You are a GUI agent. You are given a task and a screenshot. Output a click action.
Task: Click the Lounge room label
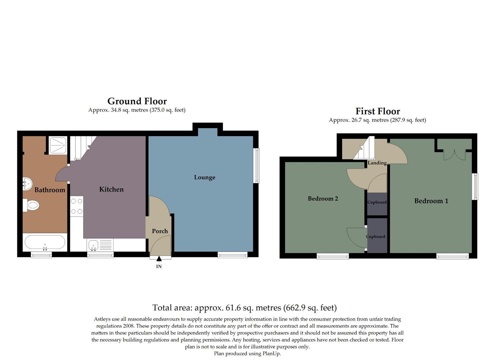coord(204,177)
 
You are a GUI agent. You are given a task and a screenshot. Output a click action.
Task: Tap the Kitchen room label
coord(111,189)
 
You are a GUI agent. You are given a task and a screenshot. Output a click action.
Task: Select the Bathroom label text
coord(50,190)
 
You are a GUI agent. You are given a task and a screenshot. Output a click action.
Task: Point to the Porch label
coord(160,231)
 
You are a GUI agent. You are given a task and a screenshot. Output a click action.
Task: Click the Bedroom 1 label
coord(431,201)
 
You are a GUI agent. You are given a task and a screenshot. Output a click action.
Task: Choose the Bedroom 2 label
coord(323,199)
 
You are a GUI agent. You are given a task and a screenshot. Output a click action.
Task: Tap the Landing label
coord(377,163)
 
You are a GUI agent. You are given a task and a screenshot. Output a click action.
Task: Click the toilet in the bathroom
coord(31,205)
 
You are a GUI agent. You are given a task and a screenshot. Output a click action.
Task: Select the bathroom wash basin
coord(27,183)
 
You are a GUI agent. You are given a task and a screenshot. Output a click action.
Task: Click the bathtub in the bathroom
coord(45,242)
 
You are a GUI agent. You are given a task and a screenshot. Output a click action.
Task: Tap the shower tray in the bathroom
coord(58,145)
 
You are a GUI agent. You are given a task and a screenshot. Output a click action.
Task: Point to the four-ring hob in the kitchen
coord(77,206)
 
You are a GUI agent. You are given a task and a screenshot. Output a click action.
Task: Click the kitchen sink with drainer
coord(100,245)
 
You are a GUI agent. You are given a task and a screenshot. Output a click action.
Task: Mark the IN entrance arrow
coord(159,259)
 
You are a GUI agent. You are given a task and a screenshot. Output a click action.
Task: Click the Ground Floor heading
coord(137,101)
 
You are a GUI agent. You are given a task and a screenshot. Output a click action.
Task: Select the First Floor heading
coord(377,111)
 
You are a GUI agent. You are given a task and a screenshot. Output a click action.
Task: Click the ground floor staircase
coord(81,147)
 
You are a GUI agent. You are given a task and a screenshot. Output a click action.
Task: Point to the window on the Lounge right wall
coord(256,165)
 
